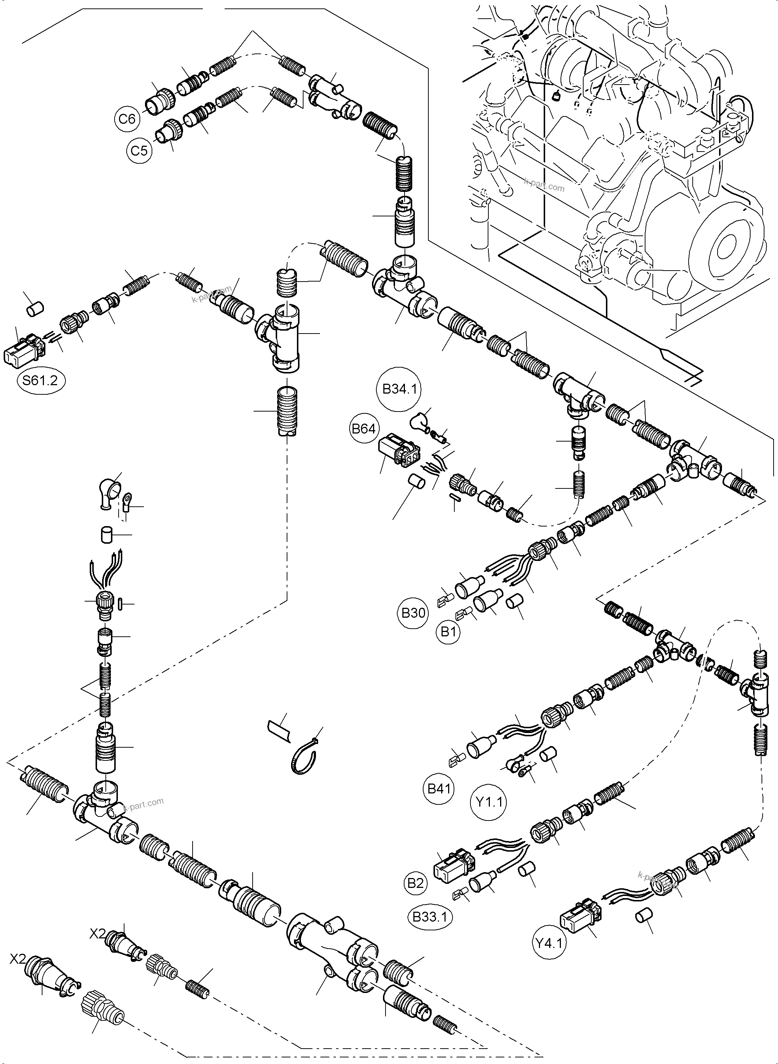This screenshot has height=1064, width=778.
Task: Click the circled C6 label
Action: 127,118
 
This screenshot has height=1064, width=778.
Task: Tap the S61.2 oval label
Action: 41,380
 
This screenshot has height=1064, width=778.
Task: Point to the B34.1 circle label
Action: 399,390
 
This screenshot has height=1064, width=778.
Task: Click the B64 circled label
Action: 364,429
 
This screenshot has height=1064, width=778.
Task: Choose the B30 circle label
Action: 413,613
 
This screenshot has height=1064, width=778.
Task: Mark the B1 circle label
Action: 448,632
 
